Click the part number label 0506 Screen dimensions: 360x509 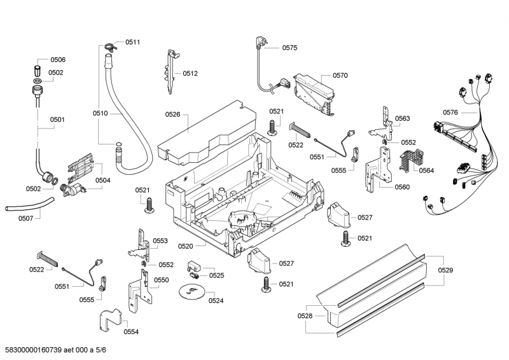coord(57,60)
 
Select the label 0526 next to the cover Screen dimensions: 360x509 coord(172,114)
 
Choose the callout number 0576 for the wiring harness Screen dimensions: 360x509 coord(450,113)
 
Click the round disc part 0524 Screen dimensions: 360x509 coord(190,291)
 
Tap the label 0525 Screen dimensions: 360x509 coord(216,275)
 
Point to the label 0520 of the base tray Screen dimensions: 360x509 coord(185,246)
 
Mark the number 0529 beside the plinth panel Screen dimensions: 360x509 coord(446,271)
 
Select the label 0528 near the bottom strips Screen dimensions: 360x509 coord(305,315)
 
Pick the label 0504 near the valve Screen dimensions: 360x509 coord(102,181)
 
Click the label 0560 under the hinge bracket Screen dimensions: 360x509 coord(402,187)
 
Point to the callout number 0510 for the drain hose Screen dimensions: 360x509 coord(100,113)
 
